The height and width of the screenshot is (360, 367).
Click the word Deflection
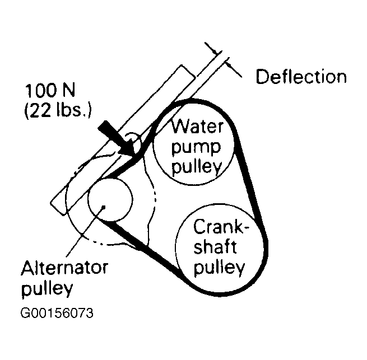301,77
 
